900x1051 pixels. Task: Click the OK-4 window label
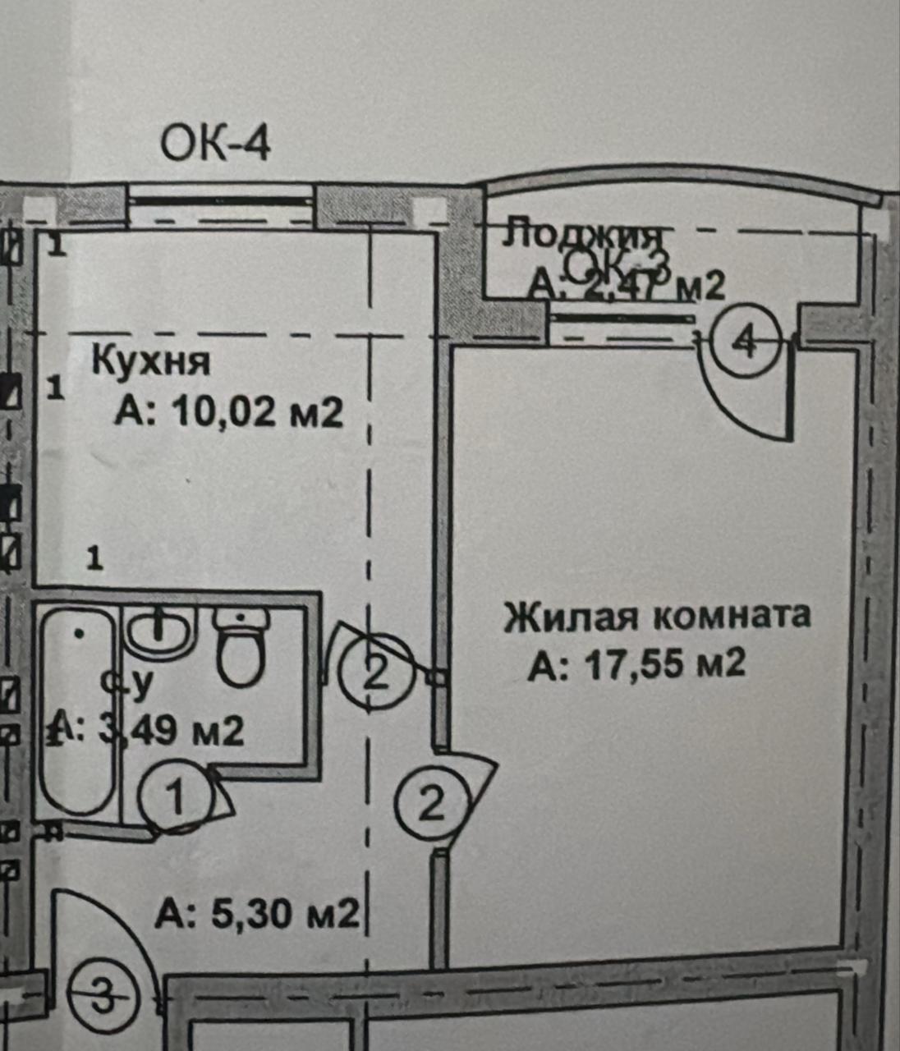(x=215, y=145)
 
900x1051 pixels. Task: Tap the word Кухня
(x=151, y=361)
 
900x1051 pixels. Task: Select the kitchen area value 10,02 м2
(x=228, y=412)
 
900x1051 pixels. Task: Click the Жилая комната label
(x=657, y=615)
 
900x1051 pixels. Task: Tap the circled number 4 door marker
(x=745, y=340)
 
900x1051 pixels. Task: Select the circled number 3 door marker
(x=102, y=997)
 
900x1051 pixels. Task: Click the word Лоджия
(x=584, y=236)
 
